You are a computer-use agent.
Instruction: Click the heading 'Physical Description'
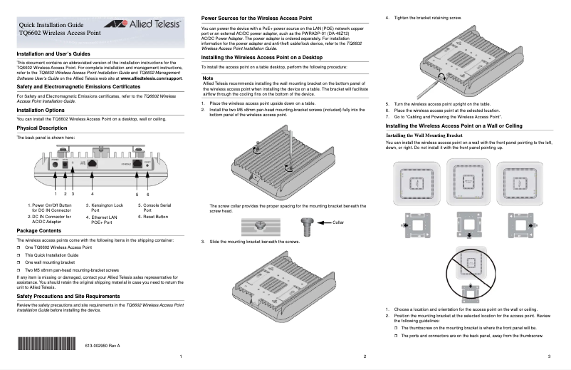pos(42,128)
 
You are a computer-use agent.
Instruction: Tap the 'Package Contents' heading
pos(39,232)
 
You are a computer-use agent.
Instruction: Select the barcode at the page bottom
pos(46,345)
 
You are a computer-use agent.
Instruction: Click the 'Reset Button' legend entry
pos(153,216)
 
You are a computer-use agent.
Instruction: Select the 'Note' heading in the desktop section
pos(208,78)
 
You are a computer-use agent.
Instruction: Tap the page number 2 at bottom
pos(364,356)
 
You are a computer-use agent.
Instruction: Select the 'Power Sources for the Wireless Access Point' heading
pos(256,16)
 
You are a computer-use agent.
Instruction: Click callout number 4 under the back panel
pos(92,194)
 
